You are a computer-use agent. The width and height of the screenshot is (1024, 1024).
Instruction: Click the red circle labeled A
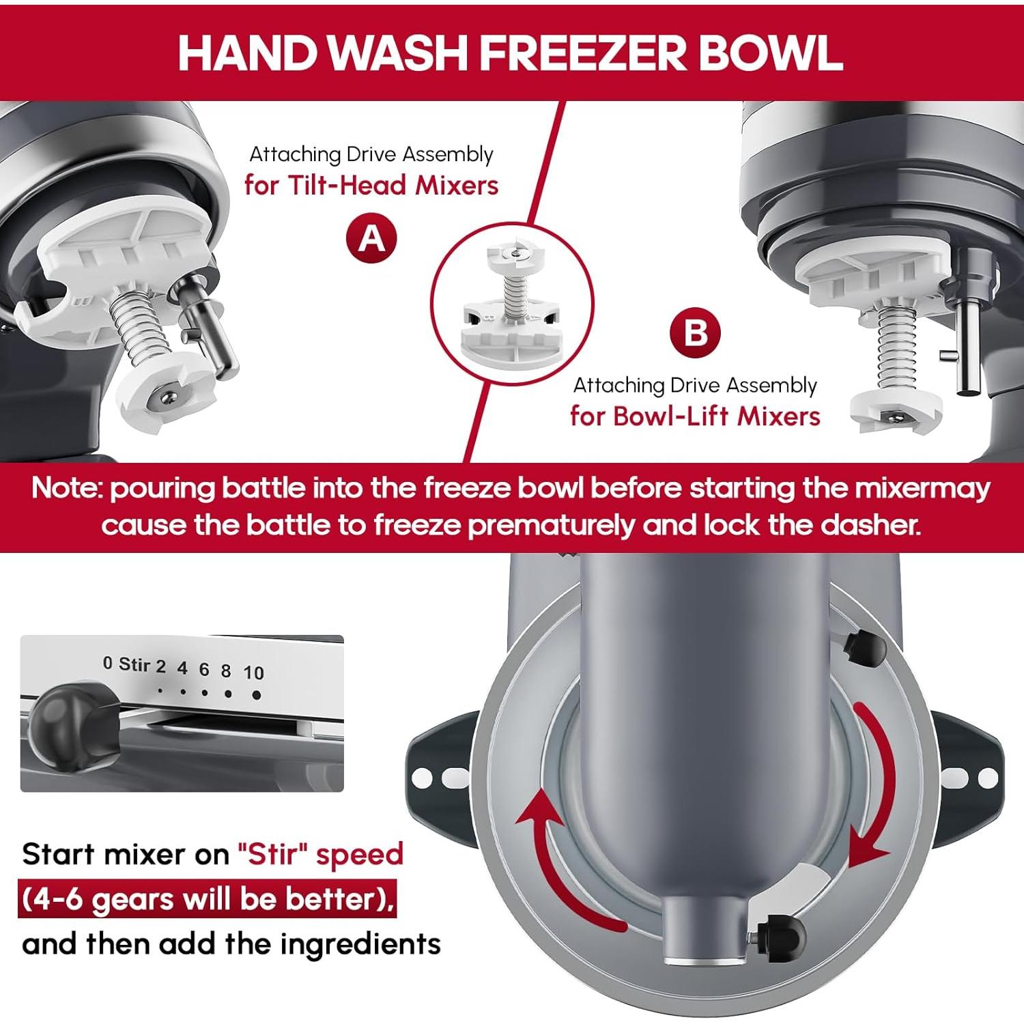371,238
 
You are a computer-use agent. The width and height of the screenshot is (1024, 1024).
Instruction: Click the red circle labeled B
695,333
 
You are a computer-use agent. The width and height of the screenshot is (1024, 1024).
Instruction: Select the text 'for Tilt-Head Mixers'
371,185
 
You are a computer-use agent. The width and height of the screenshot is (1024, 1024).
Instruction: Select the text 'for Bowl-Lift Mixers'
695,416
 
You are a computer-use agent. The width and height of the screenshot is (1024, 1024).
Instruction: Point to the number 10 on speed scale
253,673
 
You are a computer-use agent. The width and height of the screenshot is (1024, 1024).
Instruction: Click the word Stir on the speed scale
134,664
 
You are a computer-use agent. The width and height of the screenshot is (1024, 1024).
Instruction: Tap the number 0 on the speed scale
107,662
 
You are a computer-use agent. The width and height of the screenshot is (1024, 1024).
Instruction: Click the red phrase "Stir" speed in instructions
320,854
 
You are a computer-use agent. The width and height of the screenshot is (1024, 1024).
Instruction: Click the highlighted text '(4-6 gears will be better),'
208,899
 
